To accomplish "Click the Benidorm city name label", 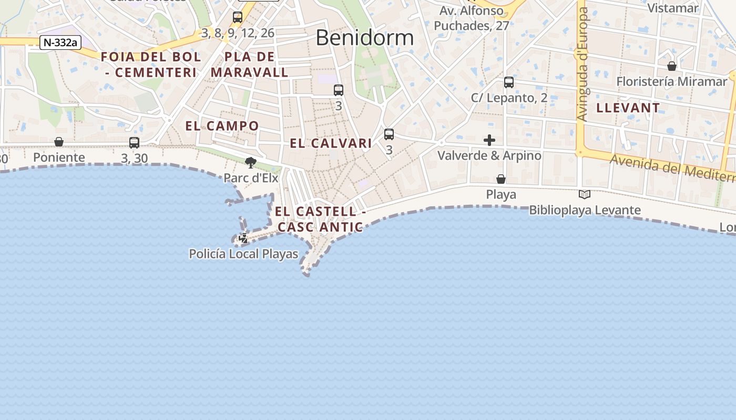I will (365, 38).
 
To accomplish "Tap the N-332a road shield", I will (60, 43).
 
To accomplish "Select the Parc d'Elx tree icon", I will (251, 163).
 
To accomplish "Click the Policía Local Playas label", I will (243, 254).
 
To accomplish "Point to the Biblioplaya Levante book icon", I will (584, 195).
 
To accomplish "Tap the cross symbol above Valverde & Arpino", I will (489, 140).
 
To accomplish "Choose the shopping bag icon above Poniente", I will (59, 142).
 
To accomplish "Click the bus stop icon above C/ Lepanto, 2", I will (508, 82).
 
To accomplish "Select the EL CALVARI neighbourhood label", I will (331, 143).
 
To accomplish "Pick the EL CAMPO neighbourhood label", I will (222, 126).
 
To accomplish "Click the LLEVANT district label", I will (628, 108).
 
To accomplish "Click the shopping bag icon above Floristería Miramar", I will (671, 66).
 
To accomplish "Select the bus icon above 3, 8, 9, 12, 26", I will (238, 17).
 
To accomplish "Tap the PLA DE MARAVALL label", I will (250, 65).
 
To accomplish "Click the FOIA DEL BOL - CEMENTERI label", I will (151, 65).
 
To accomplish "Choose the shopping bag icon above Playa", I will (501, 179).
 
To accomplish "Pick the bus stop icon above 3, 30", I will (134, 142).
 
